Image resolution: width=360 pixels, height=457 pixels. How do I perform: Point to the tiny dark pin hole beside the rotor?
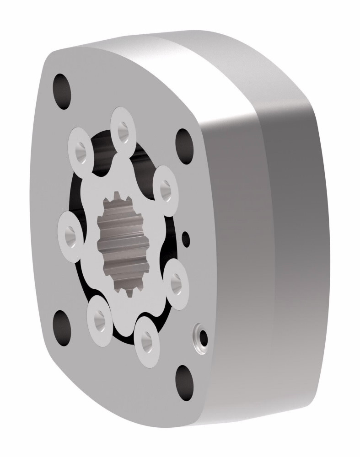pos(185,237)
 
